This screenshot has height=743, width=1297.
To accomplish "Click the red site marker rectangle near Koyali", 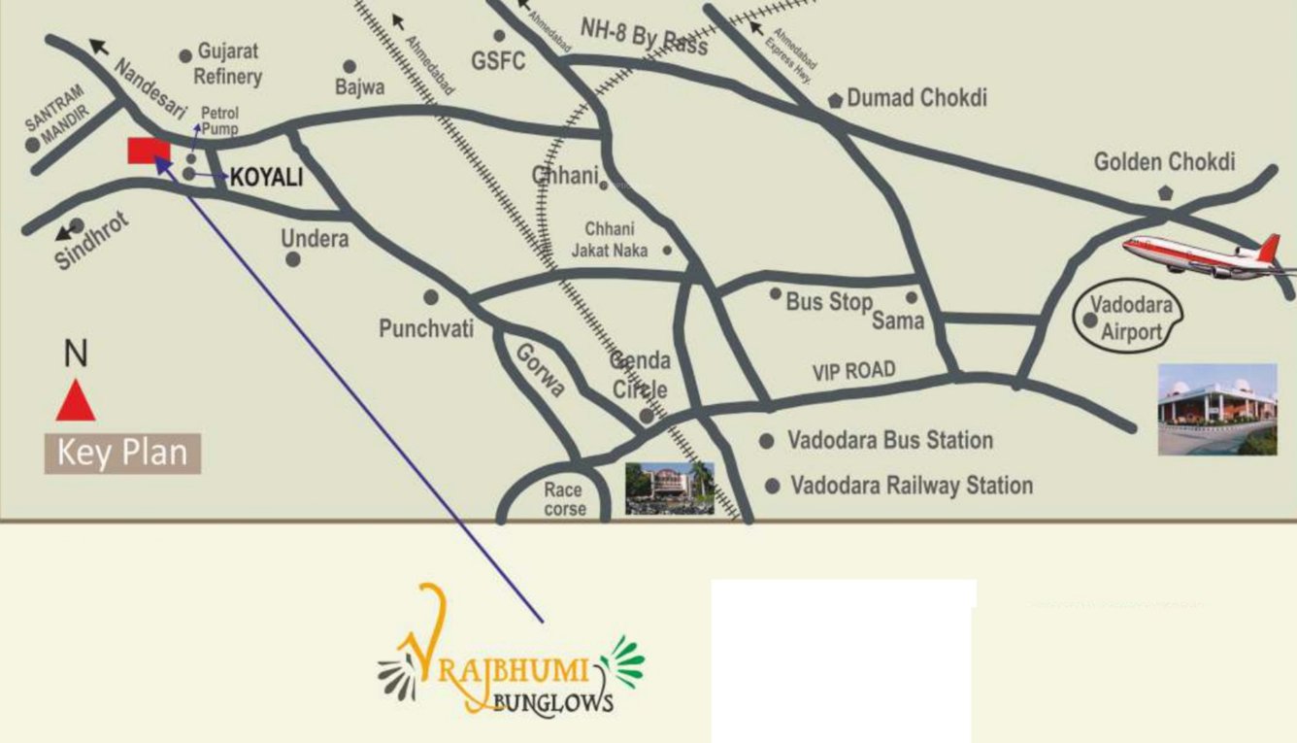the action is tap(149, 152).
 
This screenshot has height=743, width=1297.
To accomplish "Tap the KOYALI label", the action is tap(268, 178).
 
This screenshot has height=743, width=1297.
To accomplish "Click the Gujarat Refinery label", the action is tap(228, 63).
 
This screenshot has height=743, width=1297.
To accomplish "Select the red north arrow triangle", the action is tap(75, 400).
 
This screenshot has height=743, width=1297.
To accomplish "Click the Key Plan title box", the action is tap(122, 454).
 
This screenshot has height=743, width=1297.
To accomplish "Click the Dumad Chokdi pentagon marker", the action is tap(835, 100).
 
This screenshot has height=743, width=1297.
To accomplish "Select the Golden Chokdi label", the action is tap(1164, 162).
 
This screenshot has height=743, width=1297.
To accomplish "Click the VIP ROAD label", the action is tap(853, 371).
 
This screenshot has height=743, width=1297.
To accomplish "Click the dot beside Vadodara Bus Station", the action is tap(767, 441).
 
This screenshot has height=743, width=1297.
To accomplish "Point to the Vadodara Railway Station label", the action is tap(912, 485).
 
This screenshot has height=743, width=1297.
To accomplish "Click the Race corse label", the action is tap(564, 499).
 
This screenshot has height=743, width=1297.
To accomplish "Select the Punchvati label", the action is tap(426, 329).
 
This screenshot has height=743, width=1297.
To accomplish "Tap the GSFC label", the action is tap(498, 61).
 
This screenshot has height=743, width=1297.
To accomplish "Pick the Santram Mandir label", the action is tap(55, 114).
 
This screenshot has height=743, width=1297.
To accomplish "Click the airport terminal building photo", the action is tap(1217, 409).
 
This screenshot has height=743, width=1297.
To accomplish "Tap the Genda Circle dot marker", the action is tap(646, 416).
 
